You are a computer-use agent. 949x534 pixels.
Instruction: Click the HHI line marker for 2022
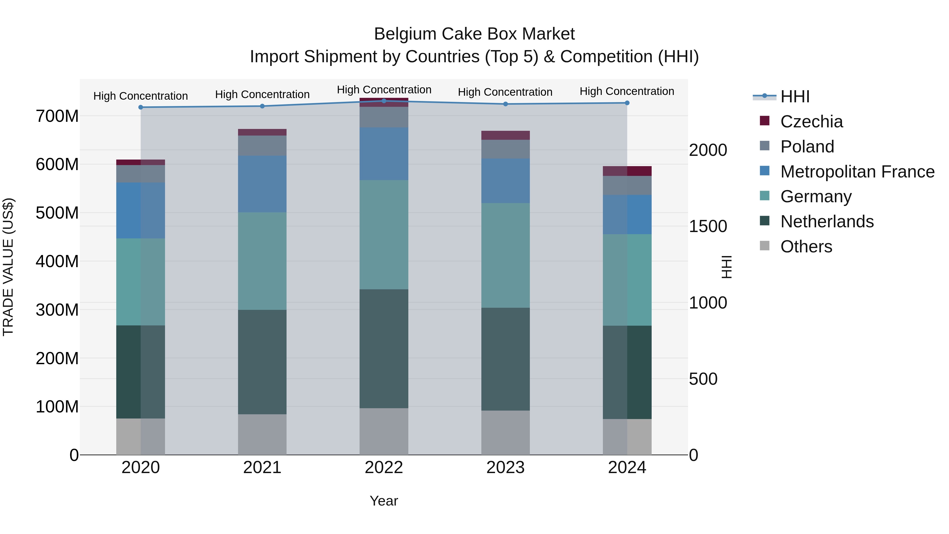point(384,101)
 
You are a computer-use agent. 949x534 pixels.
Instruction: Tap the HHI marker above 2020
point(141,107)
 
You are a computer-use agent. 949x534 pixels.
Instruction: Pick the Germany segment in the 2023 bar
point(505,255)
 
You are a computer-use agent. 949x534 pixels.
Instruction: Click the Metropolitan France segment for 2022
point(384,154)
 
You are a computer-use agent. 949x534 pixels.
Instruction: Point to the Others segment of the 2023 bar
point(505,433)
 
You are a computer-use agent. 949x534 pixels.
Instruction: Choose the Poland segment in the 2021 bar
point(262,146)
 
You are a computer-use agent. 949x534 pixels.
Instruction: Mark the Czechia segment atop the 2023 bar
point(505,135)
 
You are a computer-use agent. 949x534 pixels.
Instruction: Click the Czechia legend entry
point(811,122)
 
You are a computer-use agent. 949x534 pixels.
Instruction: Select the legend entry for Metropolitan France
point(857,172)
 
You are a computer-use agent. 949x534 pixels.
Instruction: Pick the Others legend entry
point(806,247)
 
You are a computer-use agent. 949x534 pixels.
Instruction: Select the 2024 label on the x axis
point(627,468)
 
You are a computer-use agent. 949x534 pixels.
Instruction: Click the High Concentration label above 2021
point(262,94)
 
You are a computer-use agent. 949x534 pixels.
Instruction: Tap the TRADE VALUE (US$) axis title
point(8,267)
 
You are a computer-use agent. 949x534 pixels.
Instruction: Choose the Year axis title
point(384,501)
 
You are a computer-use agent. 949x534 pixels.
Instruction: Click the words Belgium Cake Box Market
point(474,34)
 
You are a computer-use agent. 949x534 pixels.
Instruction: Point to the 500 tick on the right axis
point(703,379)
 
